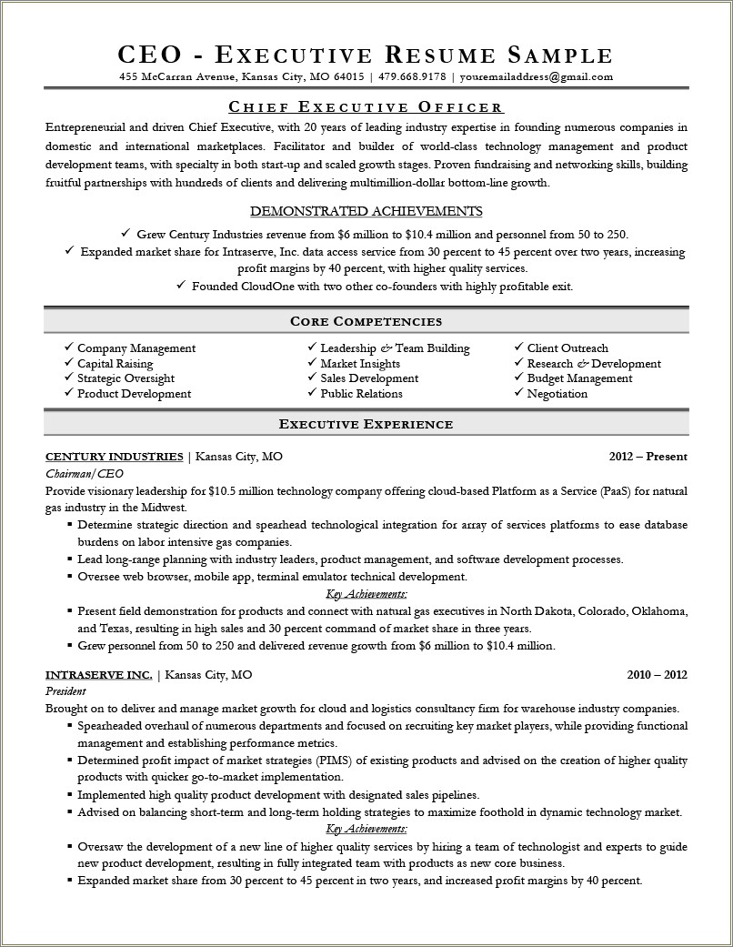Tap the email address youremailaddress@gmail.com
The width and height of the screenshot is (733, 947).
pyautogui.click(x=536, y=76)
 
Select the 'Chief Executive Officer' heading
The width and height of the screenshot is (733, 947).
pyautogui.click(x=366, y=107)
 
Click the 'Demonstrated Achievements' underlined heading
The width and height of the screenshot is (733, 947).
pyautogui.click(x=366, y=211)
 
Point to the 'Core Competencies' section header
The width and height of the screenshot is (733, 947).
pyautogui.click(x=366, y=321)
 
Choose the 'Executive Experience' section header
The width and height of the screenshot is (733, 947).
pyautogui.click(x=366, y=424)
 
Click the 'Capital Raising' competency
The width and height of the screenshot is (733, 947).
pyautogui.click(x=115, y=363)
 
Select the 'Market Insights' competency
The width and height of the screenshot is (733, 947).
pyautogui.click(x=360, y=363)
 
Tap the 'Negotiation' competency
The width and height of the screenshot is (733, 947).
pyautogui.click(x=557, y=394)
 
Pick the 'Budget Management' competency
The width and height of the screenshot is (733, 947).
pyautogui.click(x=579, y=378)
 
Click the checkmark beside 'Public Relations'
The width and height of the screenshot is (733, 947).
pyautogui.click(x=311, y=394)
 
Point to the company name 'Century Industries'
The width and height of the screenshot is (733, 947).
pyautogui.click(x=115, y=456)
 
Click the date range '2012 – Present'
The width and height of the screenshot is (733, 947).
pyautogui.click(x=648, y=456)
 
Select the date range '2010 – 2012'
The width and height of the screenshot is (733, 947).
pyautogui.click(x=657, y=674)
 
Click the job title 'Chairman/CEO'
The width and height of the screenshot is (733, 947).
pyautogui.click(x=84, y=474)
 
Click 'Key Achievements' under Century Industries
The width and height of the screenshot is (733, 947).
pyautogui.click(x=366, y=594)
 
